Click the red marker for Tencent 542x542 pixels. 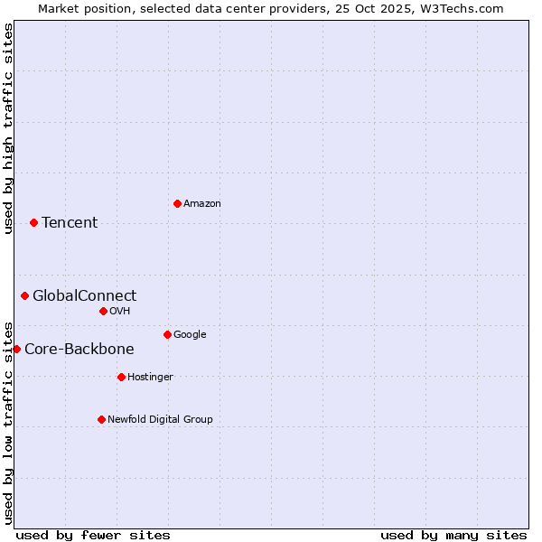coord(33,222)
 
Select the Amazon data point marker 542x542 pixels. coord(177,203)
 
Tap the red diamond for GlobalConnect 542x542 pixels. coord(24,295)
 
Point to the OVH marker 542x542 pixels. coord(103,311)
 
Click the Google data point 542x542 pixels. coord(167,334)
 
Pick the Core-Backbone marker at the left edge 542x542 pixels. coord(16,349)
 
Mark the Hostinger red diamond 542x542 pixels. coord(121,377)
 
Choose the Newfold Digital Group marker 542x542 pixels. coord(101,419)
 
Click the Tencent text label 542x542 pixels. coord(70,223)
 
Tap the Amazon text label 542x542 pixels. coord(202,204)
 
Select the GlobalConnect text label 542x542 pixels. coord(85,296)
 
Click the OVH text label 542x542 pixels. coord(120,312)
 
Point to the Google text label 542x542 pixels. coord(190,335)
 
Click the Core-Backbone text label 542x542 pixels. coord(79,350)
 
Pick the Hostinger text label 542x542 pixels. coord(150,378)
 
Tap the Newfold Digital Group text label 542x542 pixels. coord(160,420)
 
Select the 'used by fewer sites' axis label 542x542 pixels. coord(93,535)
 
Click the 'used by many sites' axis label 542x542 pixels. coord(453,535)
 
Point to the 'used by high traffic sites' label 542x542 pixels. coord(9,128)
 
